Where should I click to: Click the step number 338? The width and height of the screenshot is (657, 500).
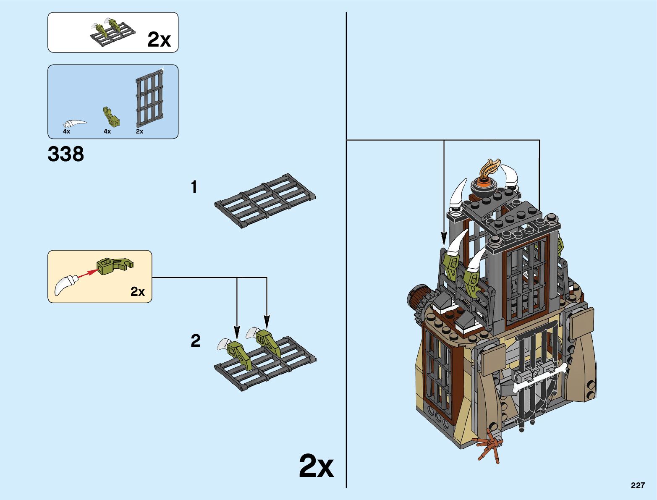pyautogui.click(x=66, y=154)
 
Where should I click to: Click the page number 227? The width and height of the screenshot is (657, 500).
pyautogui.click(x=637, y=485)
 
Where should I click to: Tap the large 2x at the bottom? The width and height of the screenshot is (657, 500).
pyautogui.click(x=316, y=466)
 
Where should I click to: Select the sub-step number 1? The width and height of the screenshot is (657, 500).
pyautogui.click(x=194, y=187)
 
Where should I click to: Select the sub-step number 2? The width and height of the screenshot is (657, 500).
pyautogui.click(x=195, y=340)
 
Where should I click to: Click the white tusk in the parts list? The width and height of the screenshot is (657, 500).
pyautogui.click(x=75, y=123)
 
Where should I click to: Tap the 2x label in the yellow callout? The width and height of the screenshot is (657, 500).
pyautogui.click(x=138, y=291)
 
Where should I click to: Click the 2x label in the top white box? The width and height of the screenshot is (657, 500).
pyautogui.click(x=159, y=40)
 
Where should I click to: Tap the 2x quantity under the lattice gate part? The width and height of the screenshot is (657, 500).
pyautogui.click(x=139, y=131)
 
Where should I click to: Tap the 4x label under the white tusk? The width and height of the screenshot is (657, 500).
pyautogui.click(x=66, y=131)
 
